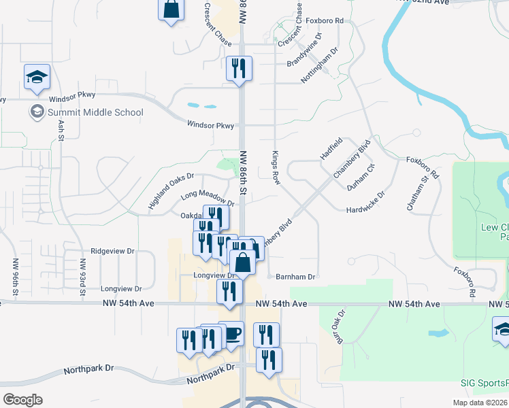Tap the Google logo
click(x=22, y=400)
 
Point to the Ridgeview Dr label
click(x=112, y=251)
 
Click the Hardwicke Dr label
click(x=365, y=195)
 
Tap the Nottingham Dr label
click(x=319, y=66)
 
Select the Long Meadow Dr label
click(x=208, y=199)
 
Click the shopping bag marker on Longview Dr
click(x=242, y=262)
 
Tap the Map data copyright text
click(x=480, y=403)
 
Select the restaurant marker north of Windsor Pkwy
click(x=239, y=69)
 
